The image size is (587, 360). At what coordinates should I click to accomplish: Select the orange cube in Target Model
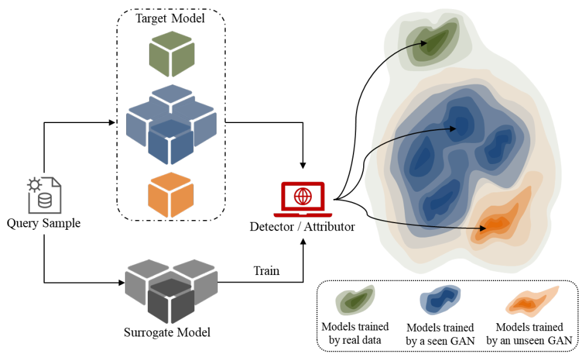[171, 195]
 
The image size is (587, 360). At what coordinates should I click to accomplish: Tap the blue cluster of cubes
[171, 124]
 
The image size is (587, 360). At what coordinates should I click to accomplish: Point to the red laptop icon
[302, 200]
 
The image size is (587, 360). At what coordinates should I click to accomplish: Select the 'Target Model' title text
[171, 18]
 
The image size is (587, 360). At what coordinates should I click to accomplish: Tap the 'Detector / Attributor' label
[302, 227]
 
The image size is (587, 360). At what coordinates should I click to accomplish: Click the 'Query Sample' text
[43, 224]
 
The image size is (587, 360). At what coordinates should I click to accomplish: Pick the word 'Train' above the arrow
[266, 271]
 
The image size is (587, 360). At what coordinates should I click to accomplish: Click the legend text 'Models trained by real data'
[355, 333]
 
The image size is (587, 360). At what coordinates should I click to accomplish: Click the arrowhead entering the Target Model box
[112, 122]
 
